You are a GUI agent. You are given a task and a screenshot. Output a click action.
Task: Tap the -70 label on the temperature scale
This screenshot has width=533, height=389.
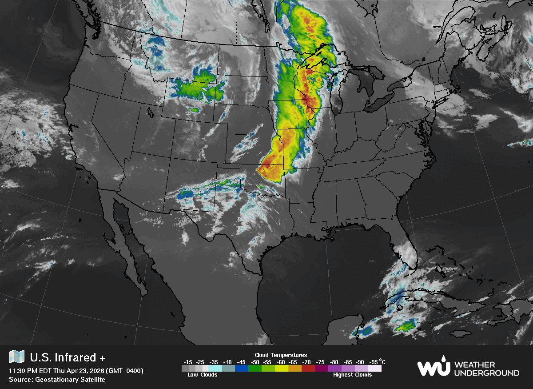coord(306,362)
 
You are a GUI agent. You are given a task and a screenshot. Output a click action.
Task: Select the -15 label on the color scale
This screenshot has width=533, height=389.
coord(188,362)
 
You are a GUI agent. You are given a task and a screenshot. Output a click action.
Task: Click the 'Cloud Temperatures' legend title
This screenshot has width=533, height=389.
coord(281,355)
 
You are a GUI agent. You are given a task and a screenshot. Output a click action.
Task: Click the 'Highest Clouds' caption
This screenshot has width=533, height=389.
coord(352,375)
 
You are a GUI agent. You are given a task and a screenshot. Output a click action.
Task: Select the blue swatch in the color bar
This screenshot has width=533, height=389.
coord(242,369)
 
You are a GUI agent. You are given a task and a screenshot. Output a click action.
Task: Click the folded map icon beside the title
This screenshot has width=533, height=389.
coord(17,357)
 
